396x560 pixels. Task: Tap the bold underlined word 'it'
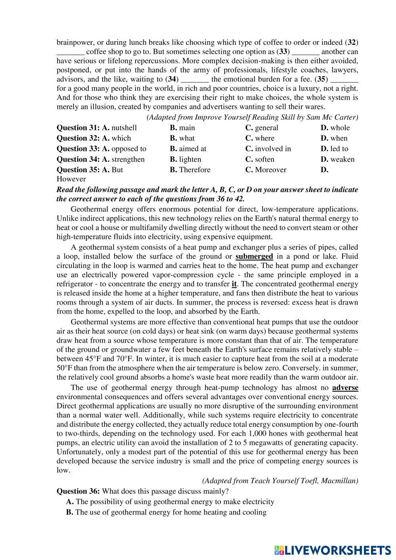tap(234, 284)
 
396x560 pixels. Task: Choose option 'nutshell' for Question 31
tap(124, 128)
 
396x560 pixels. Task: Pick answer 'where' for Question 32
tap(264, 138)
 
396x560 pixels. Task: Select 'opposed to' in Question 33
tap(129, 149)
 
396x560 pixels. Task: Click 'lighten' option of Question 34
tap(190, 160)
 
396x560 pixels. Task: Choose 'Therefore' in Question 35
tap(194, 170)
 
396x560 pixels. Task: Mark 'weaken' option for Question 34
tap(342, 160)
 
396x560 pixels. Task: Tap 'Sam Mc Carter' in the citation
tap(336, 117)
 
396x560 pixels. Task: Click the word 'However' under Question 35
tap(71, 179)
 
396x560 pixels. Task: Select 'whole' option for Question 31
tap(340, 128)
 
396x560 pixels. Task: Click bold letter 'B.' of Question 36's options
tap(70, 512)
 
